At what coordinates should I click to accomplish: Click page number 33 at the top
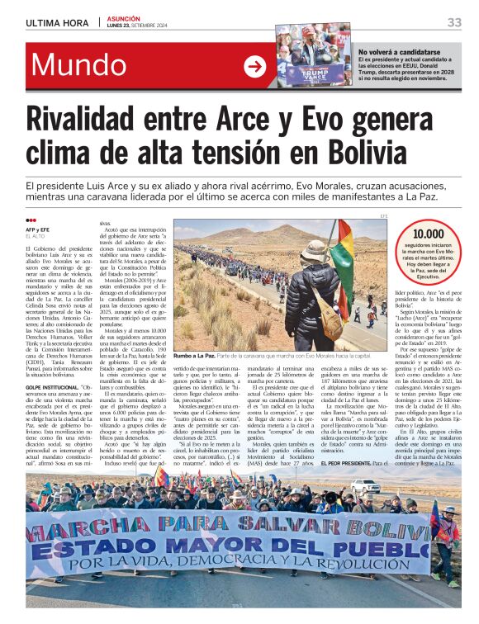pos(454,21)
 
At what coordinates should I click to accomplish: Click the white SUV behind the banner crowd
pos(365,487)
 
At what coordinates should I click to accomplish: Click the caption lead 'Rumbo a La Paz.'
pos(196,356)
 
